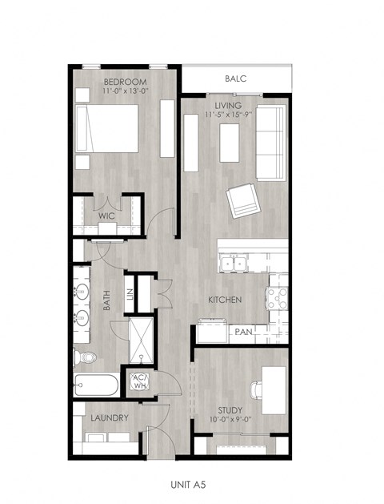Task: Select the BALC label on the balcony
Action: (x=235, y=79)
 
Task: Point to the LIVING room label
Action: (x=230, y=105)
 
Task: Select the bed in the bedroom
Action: (x=106, y=128)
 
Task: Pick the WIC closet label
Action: (x=107, y=216)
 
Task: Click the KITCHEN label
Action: (x=225, y=300)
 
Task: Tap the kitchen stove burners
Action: (x=278, y=298)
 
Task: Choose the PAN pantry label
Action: (x=243, y=331)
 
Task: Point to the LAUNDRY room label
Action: (x=110, y=418)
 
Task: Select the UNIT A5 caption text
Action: (x=192, y=485)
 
